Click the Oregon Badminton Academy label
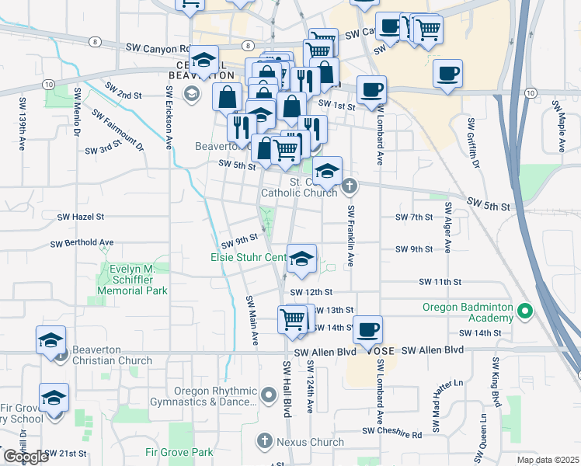[x=468, y=312]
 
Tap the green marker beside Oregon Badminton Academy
[x=525, y=312]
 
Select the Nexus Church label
[x=310, y=442]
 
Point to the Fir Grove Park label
[x=179, y=451]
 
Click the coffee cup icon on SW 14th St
[x=368, y=329]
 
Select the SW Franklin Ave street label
[x=351, y=237]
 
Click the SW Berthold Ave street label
[x=82, y=243]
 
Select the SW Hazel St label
[x=81, y=217]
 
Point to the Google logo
[x=25, y=457]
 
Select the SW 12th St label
[x=311, y=292]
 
